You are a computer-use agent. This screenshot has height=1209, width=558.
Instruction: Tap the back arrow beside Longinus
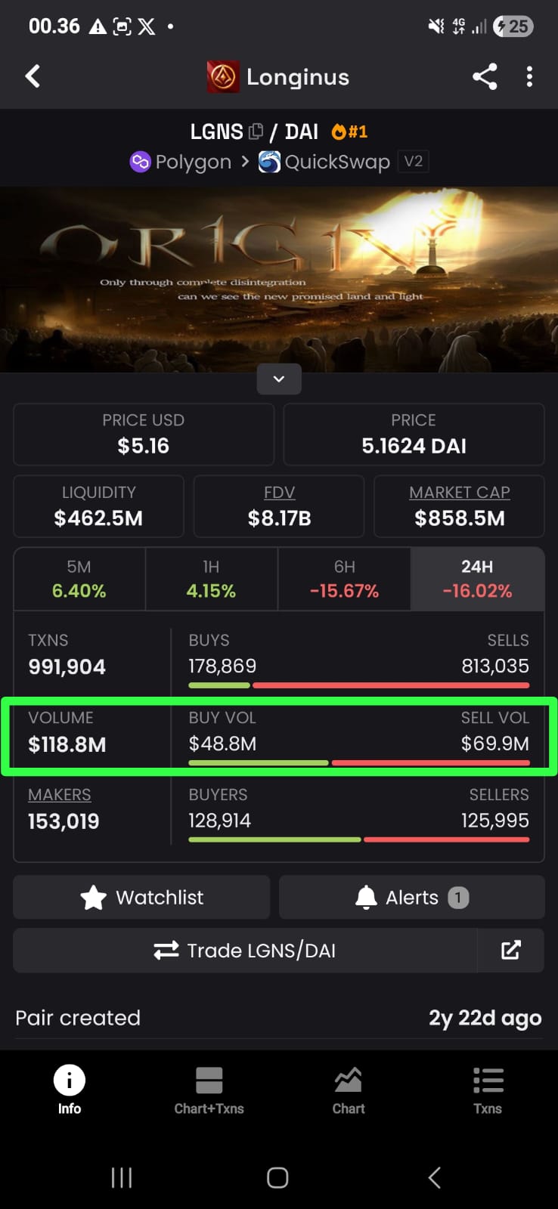pos(33,76)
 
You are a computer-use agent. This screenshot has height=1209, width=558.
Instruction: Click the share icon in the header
pos(485,76)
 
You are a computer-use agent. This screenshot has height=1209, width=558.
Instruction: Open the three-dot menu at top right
pos(529,76)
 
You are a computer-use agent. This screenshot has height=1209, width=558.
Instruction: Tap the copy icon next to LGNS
pos(256,131)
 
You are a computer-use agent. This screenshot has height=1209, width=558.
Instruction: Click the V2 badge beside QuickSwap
pos(413,162)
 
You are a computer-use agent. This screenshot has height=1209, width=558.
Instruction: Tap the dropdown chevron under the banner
pos(279,379)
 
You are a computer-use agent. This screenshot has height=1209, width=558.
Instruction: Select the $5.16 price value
pos(144,446)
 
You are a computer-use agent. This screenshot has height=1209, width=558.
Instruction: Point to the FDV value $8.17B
pos(279,518)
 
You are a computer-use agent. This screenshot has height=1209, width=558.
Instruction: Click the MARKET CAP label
pos(460,493)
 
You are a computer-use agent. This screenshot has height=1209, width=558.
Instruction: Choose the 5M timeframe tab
pos(79,579)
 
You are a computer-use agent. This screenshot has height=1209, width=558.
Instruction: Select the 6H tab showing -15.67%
pos(345,579)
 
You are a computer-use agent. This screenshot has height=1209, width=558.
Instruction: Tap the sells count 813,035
pos(495,666)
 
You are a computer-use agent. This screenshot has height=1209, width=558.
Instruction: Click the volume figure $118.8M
pos(67,745)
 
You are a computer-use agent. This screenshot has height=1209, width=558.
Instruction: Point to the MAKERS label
pos(60,795)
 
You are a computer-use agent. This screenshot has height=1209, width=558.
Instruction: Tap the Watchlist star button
pos(142,898)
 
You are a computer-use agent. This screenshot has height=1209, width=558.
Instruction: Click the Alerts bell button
pos(411,898)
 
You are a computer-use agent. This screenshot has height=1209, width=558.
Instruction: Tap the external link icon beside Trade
pos(511,951)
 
